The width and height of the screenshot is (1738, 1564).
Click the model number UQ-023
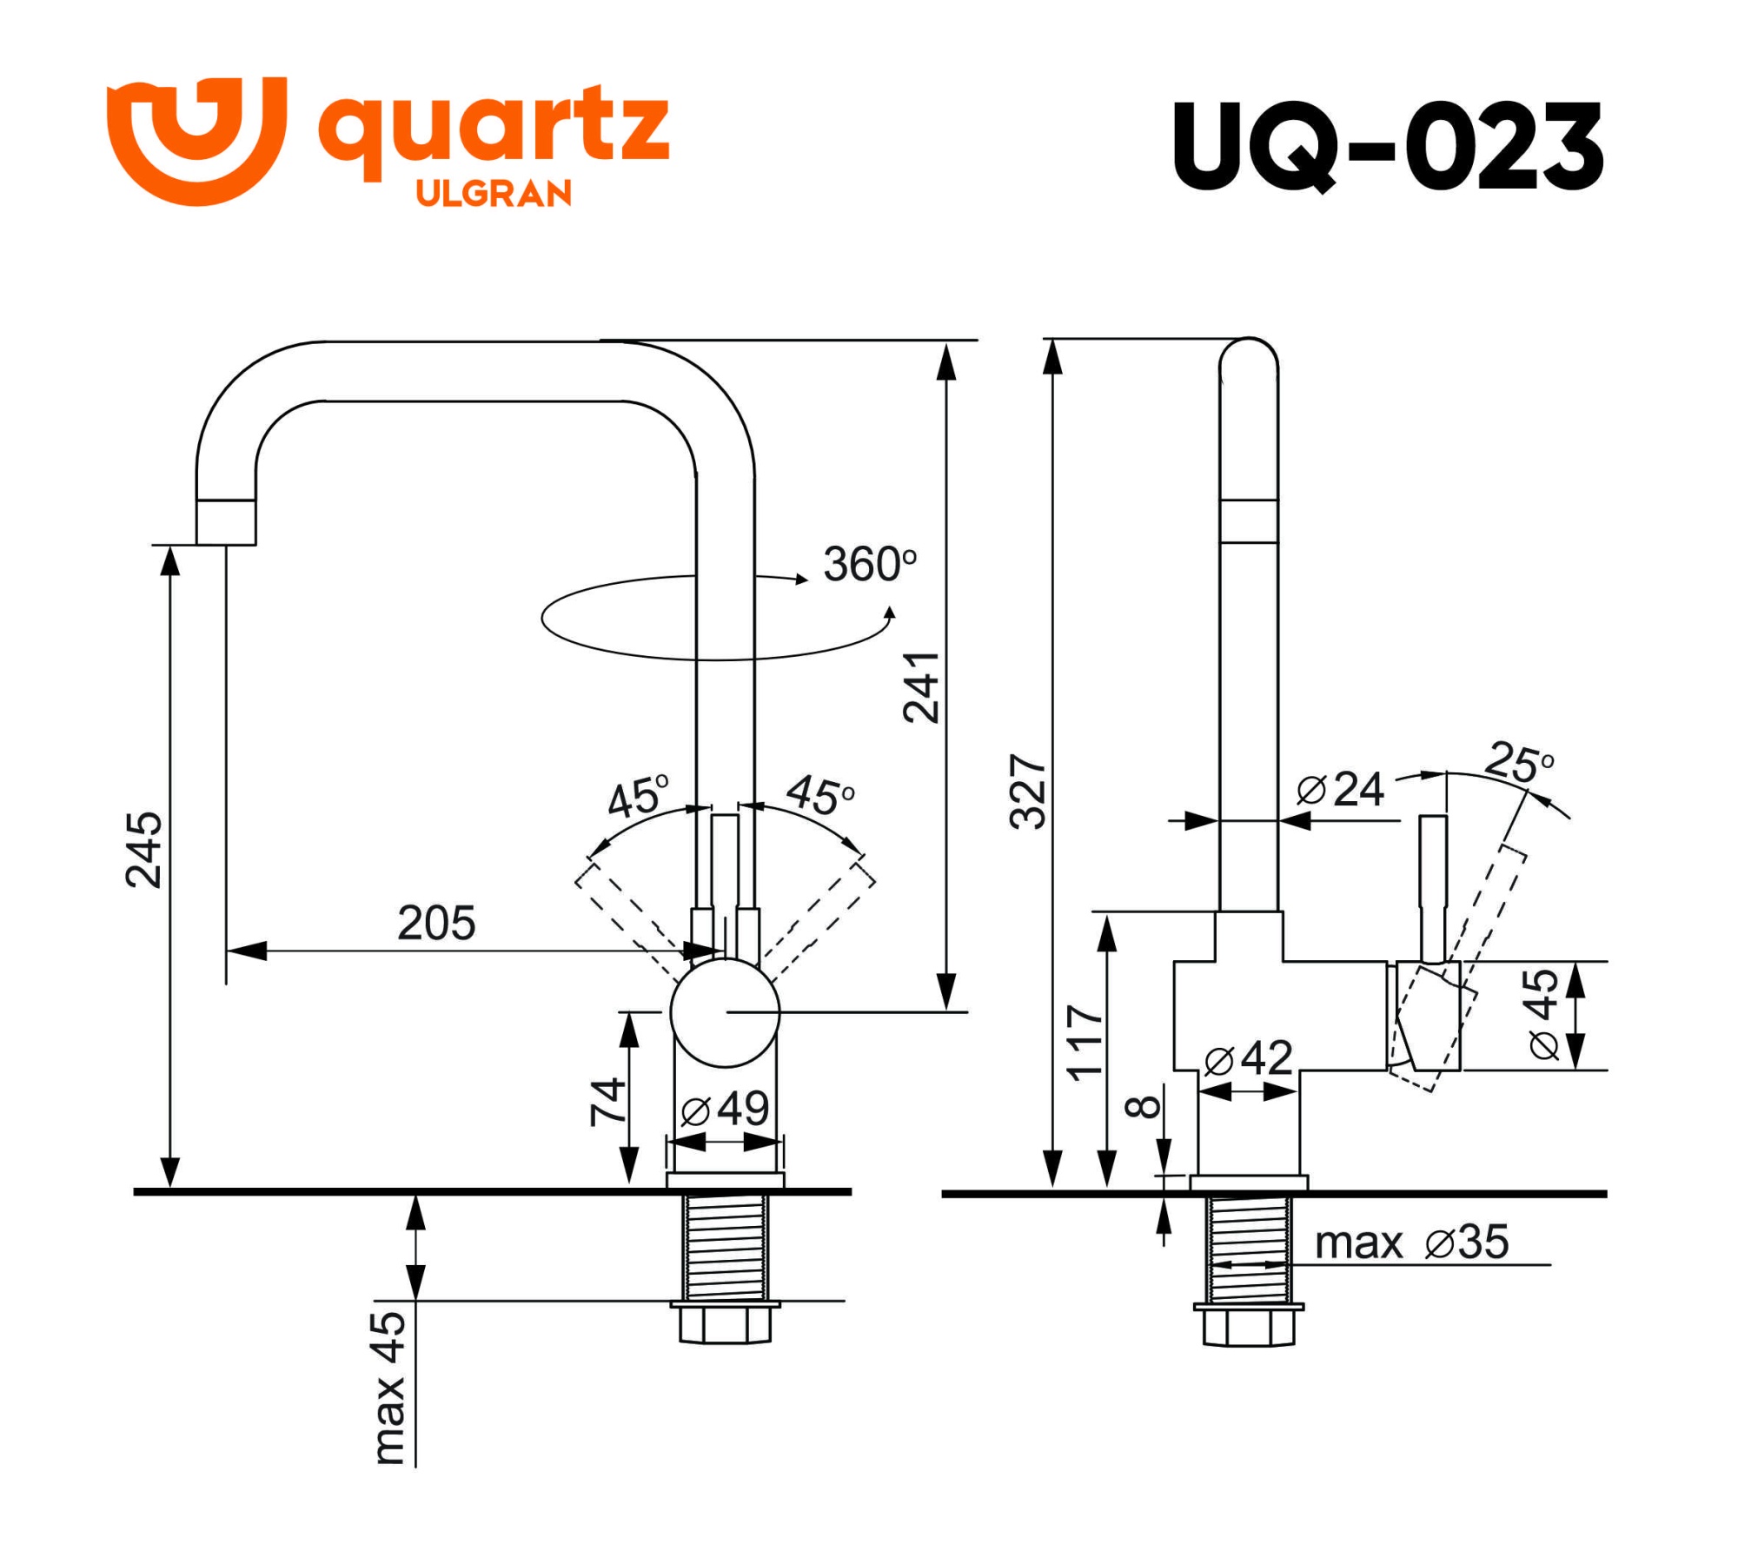[1387, 146]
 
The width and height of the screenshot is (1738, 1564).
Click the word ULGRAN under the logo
[494, 193]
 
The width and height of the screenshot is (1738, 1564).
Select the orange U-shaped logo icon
[196, 139]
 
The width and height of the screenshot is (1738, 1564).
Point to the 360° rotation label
[869, 565]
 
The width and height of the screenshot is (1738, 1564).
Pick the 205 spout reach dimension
[436, 923]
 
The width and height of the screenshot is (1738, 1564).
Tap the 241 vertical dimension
[921, 687]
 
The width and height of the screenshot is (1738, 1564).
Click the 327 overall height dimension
[1028, 792]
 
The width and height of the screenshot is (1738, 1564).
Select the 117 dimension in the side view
[1085, 1043]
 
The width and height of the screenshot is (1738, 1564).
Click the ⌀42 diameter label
[1249, 1058]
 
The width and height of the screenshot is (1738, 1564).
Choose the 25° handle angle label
[1519, 762]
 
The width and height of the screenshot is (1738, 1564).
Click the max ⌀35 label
[1411, 1243]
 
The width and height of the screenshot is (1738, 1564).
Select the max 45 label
[388, 1388]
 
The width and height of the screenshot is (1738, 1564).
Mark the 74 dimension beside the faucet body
[607, 1102]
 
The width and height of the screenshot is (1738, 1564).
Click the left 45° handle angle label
[639, 797]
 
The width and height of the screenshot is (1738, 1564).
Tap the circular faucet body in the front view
[725, 1012]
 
